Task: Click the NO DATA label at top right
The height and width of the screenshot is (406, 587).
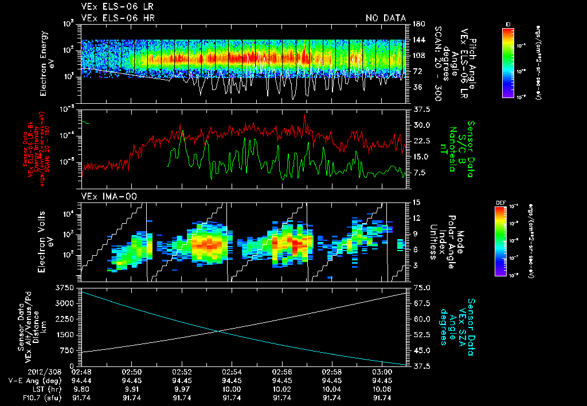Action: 385,18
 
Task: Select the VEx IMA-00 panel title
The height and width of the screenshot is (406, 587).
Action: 105,197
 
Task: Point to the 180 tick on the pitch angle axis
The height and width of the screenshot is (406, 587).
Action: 418,24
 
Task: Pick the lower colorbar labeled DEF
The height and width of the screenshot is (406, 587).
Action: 500,241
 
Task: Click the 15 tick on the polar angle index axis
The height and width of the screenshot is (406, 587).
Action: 416,202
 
